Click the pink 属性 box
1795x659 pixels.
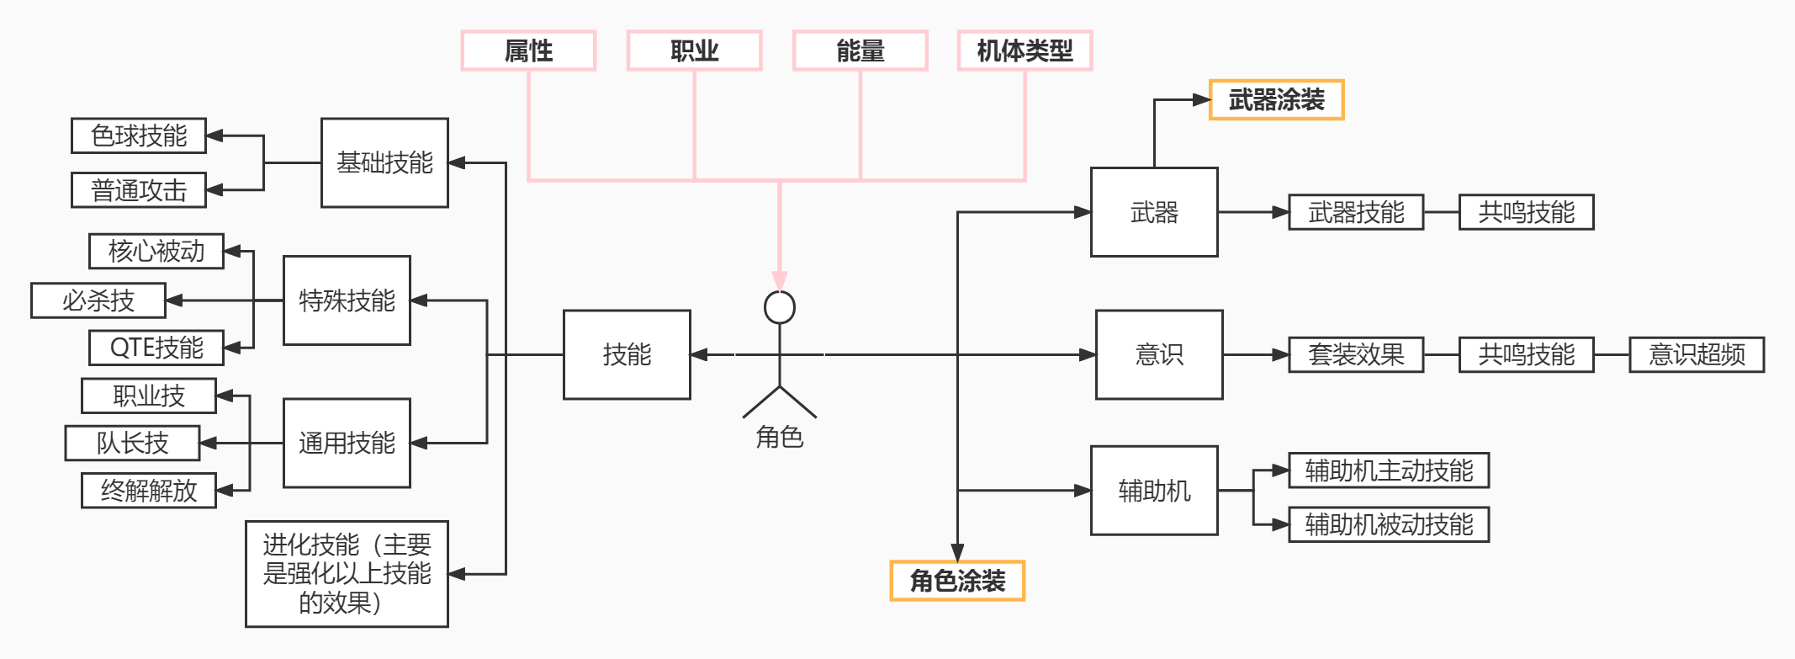point(528,51)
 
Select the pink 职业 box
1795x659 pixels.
point(694,51)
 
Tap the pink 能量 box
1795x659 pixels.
point(860,51)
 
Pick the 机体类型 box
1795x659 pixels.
point(1025,51)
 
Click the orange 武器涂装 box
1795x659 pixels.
point(1276,100)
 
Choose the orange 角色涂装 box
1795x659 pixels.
point(957,581)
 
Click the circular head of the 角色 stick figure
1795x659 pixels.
point(780,308)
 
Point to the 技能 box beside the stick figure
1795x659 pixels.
point(627,354)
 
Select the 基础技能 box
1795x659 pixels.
point(384,162)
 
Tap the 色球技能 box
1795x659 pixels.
point(139,136)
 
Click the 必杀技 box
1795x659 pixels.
point(98,300)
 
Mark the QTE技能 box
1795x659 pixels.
point(156,348)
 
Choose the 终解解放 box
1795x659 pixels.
point(149,491)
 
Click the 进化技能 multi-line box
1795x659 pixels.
point(347,574)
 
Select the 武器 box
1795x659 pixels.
point(1154,212)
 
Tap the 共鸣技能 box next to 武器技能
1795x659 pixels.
point(1526,212)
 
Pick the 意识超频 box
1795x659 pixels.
point(1696,354)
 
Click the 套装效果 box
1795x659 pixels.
point(1356,354)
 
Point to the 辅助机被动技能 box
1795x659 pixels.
point(1389,524)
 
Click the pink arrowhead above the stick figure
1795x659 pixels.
point(780,281)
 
